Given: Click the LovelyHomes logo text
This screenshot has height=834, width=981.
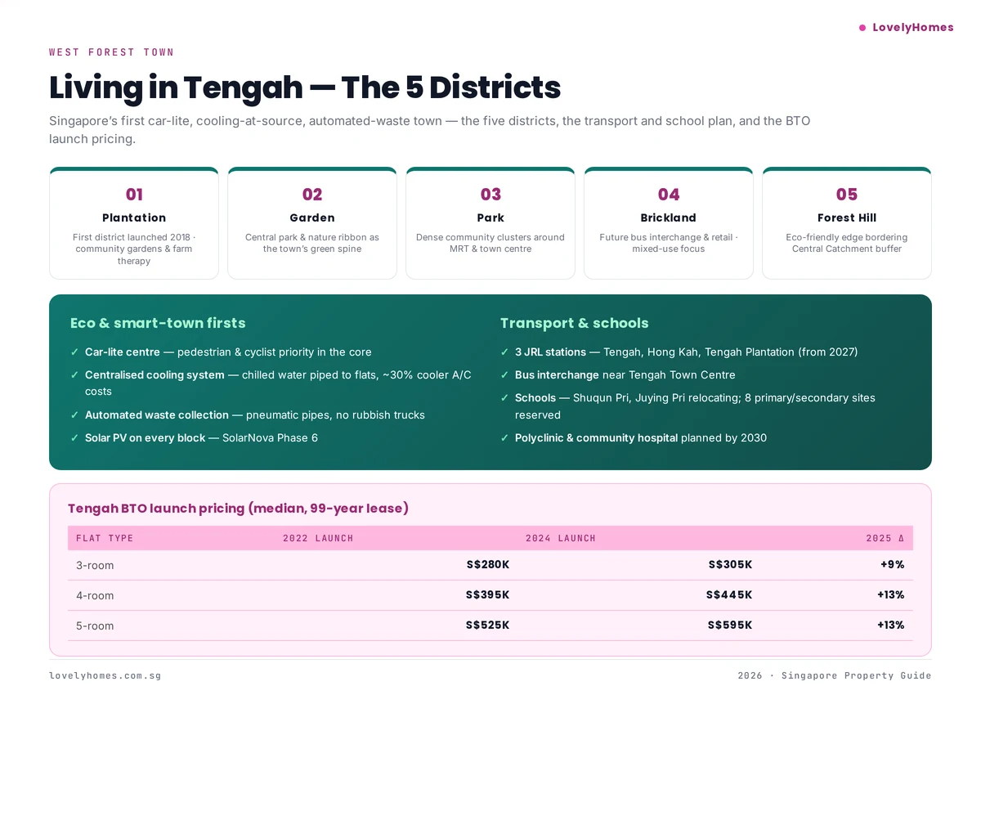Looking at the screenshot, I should coord(912,28).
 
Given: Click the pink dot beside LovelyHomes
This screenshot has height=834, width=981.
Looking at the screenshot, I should coord(862,28).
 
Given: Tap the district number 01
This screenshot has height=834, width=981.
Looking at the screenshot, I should coord(134,195).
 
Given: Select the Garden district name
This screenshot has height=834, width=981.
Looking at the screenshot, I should coord(312,218).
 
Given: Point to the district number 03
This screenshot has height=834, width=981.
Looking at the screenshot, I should coord(490,195).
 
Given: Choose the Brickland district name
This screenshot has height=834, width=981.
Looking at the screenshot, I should coord(669,218).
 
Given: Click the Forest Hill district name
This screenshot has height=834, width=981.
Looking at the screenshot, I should coord(847,218).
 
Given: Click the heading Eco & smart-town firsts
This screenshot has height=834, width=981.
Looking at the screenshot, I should coord(158,323).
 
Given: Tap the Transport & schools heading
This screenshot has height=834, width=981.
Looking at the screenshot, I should coord(574,323).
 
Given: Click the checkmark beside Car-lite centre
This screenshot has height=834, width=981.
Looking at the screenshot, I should coord(75,352).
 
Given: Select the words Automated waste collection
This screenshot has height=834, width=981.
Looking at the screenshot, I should coord(157,415).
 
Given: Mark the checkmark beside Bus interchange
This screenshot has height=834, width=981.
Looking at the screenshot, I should coord(504,375).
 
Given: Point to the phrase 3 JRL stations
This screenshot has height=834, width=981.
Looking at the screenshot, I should coord(550,352).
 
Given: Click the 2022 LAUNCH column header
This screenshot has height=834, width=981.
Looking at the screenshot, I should coord(318,538).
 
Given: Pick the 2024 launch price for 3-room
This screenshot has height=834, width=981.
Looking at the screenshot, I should coord(730,565).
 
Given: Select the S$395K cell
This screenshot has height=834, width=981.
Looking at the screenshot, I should coord(487,595).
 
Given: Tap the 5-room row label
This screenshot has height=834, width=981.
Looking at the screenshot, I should coord(95,626).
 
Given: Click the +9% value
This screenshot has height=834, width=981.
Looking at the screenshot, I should coord(892,565).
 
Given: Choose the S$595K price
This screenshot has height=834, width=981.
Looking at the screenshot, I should coord(730,625).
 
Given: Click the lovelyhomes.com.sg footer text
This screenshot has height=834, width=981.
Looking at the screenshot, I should coord(105,676).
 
